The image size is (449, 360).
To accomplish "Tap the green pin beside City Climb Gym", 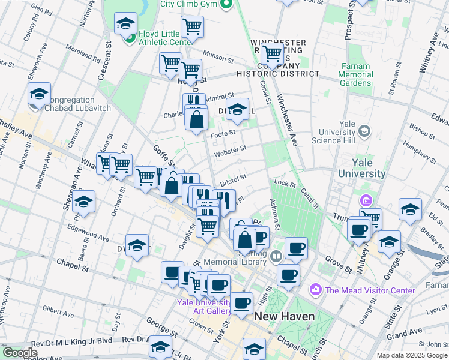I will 226,5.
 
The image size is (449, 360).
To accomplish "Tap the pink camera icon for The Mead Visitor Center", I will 316,290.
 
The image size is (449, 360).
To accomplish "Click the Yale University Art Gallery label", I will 204,307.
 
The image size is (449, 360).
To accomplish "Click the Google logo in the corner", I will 20,353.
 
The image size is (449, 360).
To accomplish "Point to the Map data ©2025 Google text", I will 412,355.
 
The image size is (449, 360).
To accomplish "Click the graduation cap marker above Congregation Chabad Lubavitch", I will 39,94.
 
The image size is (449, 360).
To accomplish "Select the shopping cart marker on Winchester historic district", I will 273,53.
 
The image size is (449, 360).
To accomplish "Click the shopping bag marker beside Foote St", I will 197,119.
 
